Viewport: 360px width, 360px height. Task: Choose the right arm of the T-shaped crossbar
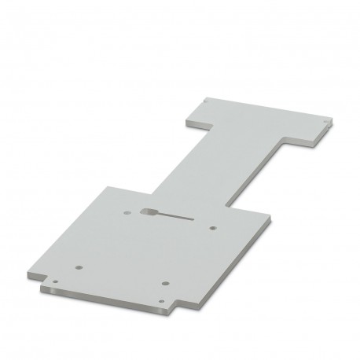point(303,130)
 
